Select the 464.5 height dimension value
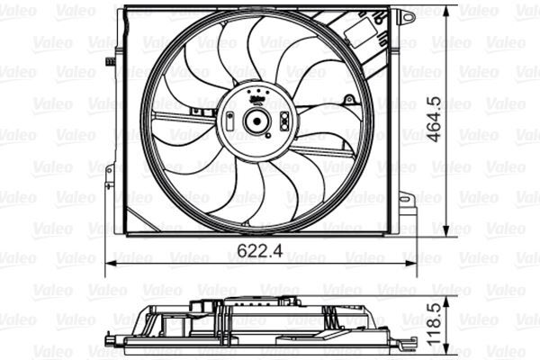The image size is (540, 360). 459,118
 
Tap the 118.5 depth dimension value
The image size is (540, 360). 459,320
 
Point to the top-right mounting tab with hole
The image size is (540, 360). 408,17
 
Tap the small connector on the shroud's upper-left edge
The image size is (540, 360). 110,62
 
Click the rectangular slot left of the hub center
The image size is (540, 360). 232,121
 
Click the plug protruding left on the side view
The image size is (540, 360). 121,319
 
